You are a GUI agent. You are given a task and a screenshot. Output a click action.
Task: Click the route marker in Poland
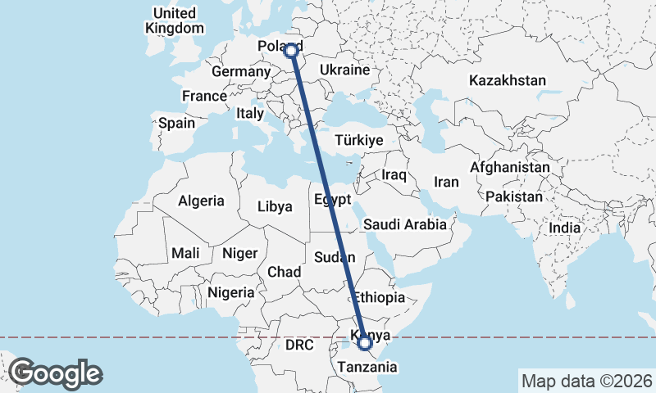click(x=291, y=50)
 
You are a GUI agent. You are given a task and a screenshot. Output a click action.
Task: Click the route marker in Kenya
click(x=366, y=344)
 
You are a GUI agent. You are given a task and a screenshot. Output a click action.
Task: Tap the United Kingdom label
click(x=175, y=20)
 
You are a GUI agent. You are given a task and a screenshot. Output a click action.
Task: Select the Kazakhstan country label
click(x=508, y=80)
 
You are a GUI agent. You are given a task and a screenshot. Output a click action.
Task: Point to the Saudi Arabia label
click(x=405, y=224)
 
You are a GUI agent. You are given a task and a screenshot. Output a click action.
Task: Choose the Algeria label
click(x=201, y=201)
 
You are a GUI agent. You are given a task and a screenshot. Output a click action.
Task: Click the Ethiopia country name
click(x=380, y=297)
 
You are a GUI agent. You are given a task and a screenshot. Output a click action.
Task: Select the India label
click(x=565, y=228)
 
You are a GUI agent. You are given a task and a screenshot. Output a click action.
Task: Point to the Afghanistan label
click(x=510, y=167)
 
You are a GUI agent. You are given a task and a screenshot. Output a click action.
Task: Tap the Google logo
click(x=55, y=373)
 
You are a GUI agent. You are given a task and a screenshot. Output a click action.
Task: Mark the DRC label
click(x=299, y=346)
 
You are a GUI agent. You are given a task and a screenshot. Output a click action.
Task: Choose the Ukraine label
click(x=344, y=70)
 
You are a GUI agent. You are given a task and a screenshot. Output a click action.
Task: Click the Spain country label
click(x=177, y=124)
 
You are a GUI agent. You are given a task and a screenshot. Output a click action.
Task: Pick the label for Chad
click(x=284, y=271)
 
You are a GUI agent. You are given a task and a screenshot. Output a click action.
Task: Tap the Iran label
click(x=446, y=182)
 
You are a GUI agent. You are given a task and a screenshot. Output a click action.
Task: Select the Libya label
click(x=275, y=206)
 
